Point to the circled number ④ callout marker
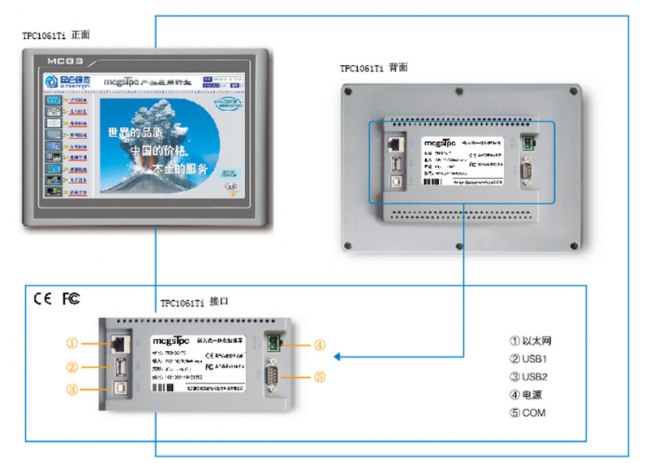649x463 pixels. (320, 345)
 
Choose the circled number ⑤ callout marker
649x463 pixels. (320, 376)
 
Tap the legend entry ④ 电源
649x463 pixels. (526, 395)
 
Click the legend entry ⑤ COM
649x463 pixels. (528, 413)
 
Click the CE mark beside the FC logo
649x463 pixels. (42, 298)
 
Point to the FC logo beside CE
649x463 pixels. (71, 298)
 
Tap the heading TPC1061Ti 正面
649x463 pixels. (56, 36)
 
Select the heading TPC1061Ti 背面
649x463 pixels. (374, 68)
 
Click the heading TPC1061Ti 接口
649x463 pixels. (195, 302)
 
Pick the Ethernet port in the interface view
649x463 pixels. (116, 344)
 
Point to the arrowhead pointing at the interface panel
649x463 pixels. (337, 356)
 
